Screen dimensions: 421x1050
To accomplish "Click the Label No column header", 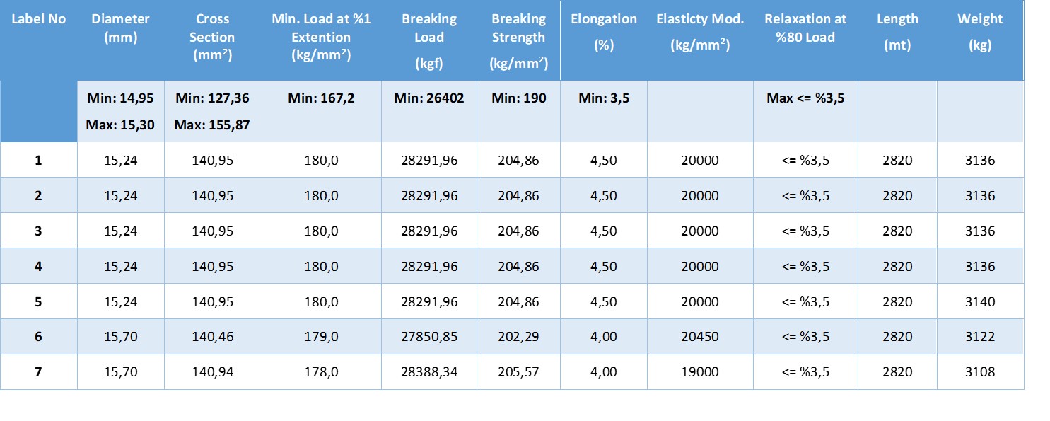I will coord(38,19).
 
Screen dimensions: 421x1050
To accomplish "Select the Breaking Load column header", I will coord(429,40).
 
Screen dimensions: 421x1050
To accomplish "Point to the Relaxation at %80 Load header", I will coord(805,28).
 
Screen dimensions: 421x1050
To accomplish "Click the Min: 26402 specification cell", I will coord(429,98).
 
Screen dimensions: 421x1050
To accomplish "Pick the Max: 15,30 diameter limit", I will coord(120,126).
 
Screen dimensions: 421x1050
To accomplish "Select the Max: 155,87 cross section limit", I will coord(212,126).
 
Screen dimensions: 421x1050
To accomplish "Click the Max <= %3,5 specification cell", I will coord(805,98).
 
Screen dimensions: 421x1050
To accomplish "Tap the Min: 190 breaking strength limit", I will coord(518,98).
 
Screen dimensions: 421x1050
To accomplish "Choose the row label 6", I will coord(38,337).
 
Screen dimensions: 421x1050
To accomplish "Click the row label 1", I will coord(38,161).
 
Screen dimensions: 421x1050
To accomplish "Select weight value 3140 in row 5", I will coord(979,301).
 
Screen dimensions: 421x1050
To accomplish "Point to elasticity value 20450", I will coord(699,337).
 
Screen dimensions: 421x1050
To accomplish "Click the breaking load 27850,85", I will coord(429,337).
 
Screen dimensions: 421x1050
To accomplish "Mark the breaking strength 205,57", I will coord(518,372).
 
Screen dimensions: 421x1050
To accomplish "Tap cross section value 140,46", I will coord(212,337).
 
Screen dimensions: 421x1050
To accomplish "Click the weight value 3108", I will coord(979,372).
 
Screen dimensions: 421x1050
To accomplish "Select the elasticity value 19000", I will coord(699,372).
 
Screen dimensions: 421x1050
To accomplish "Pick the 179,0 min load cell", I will coord(321,337).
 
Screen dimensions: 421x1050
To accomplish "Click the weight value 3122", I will coord(979,337).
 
